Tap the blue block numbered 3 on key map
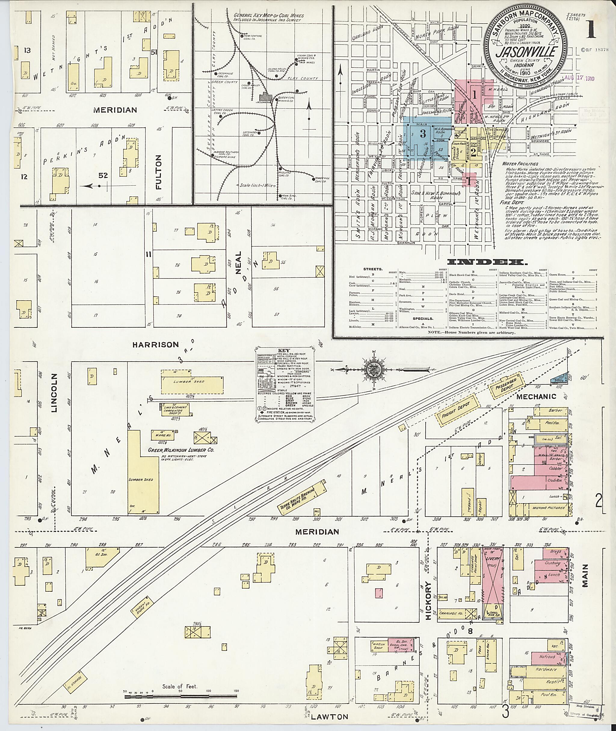[423, 134]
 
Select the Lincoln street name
[54, 393]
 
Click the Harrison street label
[156, 345]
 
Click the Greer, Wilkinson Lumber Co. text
[181, 451]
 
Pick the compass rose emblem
[373, 369]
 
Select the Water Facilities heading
[520, 163]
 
